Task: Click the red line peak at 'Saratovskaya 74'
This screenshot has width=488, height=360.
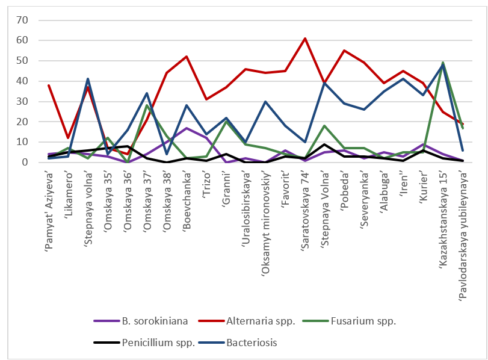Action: point(305,39)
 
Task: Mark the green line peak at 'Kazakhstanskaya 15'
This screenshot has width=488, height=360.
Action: point(443,63)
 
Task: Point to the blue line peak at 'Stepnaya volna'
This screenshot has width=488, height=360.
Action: point(88,79)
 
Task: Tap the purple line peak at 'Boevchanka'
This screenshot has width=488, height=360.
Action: point(187,128)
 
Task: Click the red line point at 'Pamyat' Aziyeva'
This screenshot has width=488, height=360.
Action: point(49,85)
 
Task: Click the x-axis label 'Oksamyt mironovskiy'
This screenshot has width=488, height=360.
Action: point(266,209)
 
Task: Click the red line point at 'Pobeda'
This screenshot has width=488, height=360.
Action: point(344,51)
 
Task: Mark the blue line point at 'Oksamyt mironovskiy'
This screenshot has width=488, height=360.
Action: point(265,102)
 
